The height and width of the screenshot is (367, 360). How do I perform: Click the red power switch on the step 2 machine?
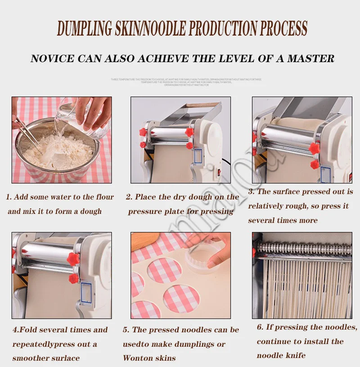(220, 170)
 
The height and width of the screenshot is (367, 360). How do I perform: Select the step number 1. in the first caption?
(9, 197)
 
